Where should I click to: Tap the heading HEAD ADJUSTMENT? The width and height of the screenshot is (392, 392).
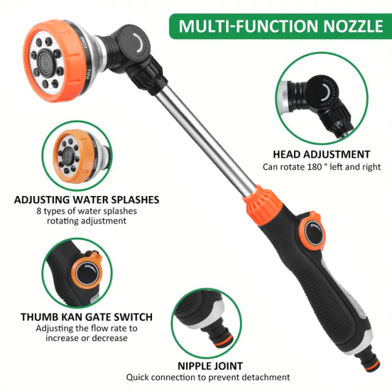tap(322, 154)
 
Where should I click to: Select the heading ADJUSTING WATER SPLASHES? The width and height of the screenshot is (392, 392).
tap(86, 200)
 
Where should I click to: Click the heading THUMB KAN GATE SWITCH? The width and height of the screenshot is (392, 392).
tap(86, 317)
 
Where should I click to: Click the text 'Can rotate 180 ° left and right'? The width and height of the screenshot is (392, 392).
tap(322, 167)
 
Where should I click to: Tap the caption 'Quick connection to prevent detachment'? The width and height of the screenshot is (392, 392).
tap(208, 377)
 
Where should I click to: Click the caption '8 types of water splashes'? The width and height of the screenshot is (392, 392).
tap(86, 211)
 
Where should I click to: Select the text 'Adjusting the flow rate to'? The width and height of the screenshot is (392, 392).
tap(86, 328)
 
